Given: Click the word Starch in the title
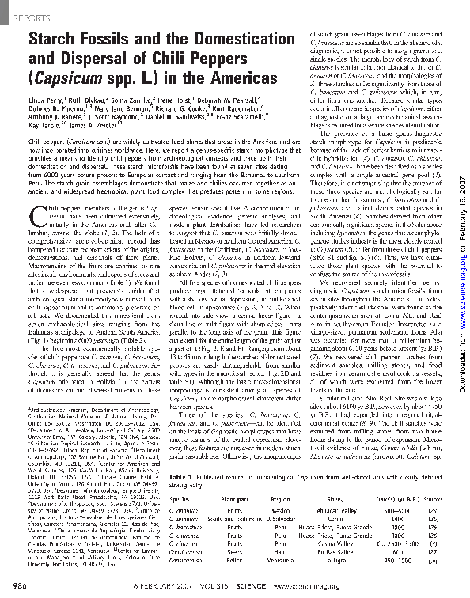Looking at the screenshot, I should click(55, 38).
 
